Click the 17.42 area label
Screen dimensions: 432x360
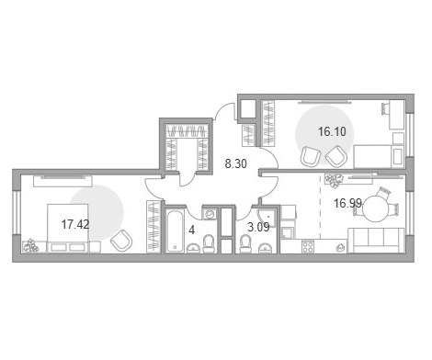(75, 224)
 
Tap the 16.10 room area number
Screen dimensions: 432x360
(332, 131)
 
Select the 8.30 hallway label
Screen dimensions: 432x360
(235, 163)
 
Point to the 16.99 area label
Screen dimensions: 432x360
(347, 203)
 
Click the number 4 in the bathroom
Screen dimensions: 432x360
(192, 230)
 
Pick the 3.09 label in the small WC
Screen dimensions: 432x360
(258, 227)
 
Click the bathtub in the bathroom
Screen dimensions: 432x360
(175, 231)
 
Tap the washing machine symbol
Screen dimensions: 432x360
(210, 213)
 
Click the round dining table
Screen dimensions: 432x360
(376, 208)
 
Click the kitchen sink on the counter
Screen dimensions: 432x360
(340, 247)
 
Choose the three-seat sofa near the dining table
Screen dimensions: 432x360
(377, 241)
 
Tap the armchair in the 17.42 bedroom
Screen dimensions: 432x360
(121, 240)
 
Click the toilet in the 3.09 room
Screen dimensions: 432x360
(245, 244)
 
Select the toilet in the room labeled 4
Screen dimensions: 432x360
(209, 243)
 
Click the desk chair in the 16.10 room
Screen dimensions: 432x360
(385, 108)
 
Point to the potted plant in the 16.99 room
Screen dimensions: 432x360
(334, 181)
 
